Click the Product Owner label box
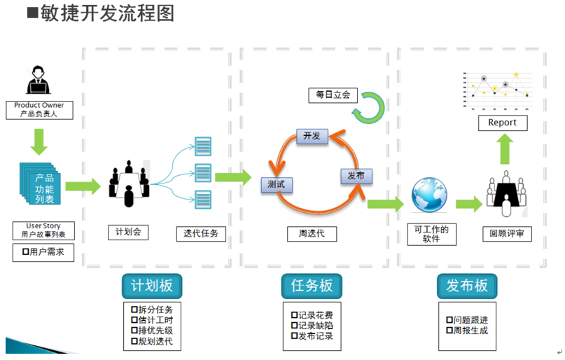[x=39, y=109]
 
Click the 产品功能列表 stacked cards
[x=42, y=184]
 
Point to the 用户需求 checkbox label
[x=43, y=252]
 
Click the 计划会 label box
[x=128, y=232]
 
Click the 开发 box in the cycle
[x=312, y=136]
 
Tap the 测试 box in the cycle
[x=276, y=185]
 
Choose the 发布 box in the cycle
[x=356, y=176]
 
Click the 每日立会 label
[x=333, y=94]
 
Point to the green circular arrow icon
[x=368, y=106]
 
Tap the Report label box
[x=502, y=123]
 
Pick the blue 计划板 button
[x=152, y=286]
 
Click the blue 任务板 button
[x=312, y=286]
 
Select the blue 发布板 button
[x=467, y=286]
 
